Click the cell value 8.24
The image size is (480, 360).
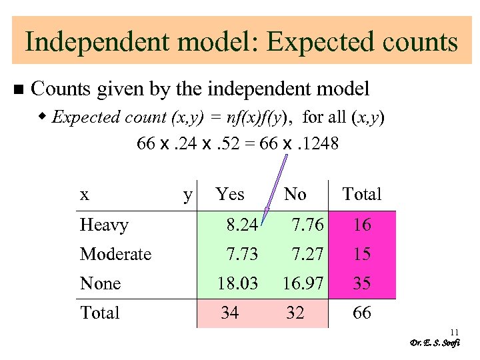click(241, 225)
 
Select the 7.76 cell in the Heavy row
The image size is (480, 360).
click(307, 225)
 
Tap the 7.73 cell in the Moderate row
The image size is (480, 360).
click(241, 255)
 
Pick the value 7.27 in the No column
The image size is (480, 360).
click(307, 255)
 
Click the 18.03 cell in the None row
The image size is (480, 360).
click(237, 284)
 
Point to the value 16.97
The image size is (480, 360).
click(303, 284)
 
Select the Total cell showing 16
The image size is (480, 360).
click(362, 225)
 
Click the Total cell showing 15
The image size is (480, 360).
click(362, 255)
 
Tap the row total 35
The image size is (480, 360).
click(362, 284)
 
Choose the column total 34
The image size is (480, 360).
click(229, 313)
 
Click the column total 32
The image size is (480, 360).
click(295, 313)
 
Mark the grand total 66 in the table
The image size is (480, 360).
click(362, 313)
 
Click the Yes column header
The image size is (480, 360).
click(230, 195)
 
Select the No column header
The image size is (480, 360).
click(295, 195)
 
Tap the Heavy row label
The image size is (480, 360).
click(104, 225)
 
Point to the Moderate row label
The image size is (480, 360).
click(115, 255)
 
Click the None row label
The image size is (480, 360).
click(100, 284)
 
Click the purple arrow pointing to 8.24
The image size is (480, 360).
click(275, 189)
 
